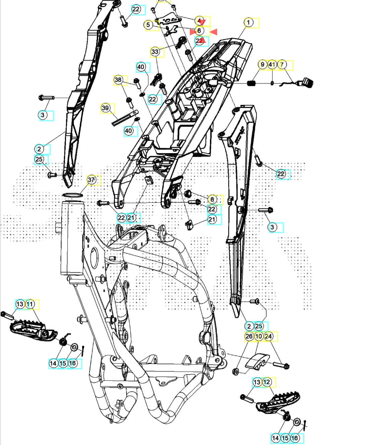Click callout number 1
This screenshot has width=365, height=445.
pos(248,22)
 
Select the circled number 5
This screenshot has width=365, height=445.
pos(148,25)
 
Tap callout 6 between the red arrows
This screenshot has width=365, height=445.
pos(199,31)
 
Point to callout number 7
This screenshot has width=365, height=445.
pos(282,64)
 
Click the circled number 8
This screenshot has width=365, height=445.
pos(212,199)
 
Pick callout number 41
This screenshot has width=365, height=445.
pos(272,64)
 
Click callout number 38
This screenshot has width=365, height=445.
pos(118,80)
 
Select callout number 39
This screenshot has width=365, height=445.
pos(105,108)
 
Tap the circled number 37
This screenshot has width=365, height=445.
pos(91,180)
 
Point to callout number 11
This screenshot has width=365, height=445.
pos(30,304)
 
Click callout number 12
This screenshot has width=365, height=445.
pos(267,382)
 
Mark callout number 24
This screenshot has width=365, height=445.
pos(269,336)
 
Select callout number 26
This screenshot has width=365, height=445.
pos(249,336)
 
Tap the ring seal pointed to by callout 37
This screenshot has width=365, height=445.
pos(72,195)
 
